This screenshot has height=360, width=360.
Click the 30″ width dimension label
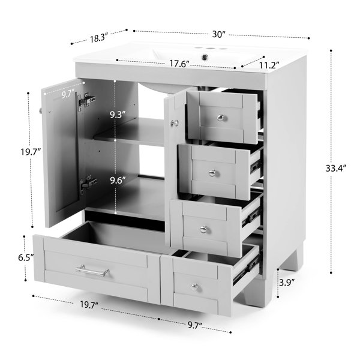pyautogui.click(x=219, y=34)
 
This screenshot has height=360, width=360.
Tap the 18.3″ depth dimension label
pyautogui.click(x=99, y=38)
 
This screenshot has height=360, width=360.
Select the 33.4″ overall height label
pyautogui.click(x=335, y=168)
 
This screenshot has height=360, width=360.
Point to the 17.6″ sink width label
pyautogui.click(x=179, y=64)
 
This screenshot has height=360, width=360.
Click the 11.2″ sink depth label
pyautogui.click(x=269, y=65)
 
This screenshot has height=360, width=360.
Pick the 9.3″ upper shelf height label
pyautogui.click(x=118, y=115)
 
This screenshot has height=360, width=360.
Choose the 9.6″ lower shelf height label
pyautogui.click(x=118, y=181)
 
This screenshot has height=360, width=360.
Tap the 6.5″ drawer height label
pyautogui.click(x=26, y=257)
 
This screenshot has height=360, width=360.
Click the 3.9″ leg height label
pyautogui.click(x=287, y=283)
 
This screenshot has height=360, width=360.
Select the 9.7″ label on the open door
pyautogui.click(x=68, y=94)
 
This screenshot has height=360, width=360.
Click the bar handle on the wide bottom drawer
pyautogui.click(x=92, y=270)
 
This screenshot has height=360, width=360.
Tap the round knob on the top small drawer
pyautogui.click(x=221, y=118)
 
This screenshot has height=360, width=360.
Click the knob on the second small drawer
pyautogui.click(x=212, y=173)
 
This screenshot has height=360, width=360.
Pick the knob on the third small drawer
pyautogui.click(x=204, y=229)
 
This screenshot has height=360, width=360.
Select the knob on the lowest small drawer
pyautogui.click(x=195, y=287)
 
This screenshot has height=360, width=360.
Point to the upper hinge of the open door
pyautogui.click(x=86, y=101)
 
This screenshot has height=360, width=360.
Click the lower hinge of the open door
pyautogui.click(x=88, y=183)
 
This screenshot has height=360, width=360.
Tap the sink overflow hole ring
pyautogui.click(x=205, y=56)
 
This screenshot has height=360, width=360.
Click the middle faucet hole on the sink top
pyautogui.click(x=209, y=49)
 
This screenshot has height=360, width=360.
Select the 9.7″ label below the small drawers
pyautogui.click(x=195, y=325)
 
